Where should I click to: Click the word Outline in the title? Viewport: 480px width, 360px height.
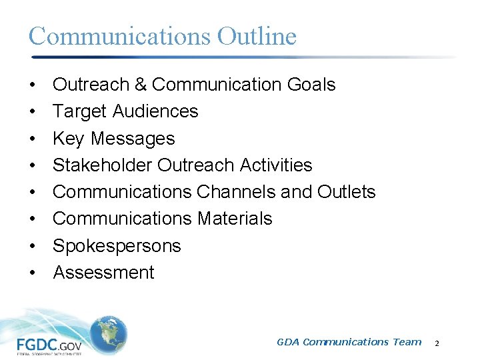[x=257, y=36]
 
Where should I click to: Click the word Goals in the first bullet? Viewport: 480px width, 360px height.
[x=311, y=85]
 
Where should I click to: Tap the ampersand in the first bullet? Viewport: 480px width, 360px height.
[x=139, y=85]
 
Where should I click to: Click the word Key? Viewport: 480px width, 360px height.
[x=69, y=139]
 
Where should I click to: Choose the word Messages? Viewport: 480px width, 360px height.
[x=133, y=139]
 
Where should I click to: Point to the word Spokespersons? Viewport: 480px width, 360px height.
[x=117, y=246]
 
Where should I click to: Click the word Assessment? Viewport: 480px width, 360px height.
[x=103, y=273]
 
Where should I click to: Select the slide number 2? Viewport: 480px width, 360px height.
[x=437, y=343]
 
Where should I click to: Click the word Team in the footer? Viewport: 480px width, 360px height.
[x=407, y=342]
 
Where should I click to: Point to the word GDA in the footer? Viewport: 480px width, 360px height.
[x=287, y=342]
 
